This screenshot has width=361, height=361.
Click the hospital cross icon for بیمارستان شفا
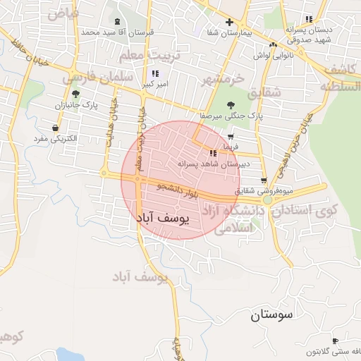pos(229,23)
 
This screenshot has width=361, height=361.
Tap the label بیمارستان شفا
pos(229,33)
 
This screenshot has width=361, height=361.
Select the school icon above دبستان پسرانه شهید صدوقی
pos(307,19)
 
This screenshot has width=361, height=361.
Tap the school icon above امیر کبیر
pos(155,73)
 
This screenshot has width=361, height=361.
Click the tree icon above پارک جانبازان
pos(75,94)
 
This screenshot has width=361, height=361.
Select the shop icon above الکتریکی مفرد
pos(55,128)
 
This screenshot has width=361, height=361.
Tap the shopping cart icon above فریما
pos(231,137)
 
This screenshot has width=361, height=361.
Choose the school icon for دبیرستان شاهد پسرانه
pos(213,153)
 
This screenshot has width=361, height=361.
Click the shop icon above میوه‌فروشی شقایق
pos(264,180)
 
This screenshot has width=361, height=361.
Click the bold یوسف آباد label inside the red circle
pos(161,219)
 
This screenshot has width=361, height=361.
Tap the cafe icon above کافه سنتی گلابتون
pos(334,341)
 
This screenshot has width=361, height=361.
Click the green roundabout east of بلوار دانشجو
pos(268,200)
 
